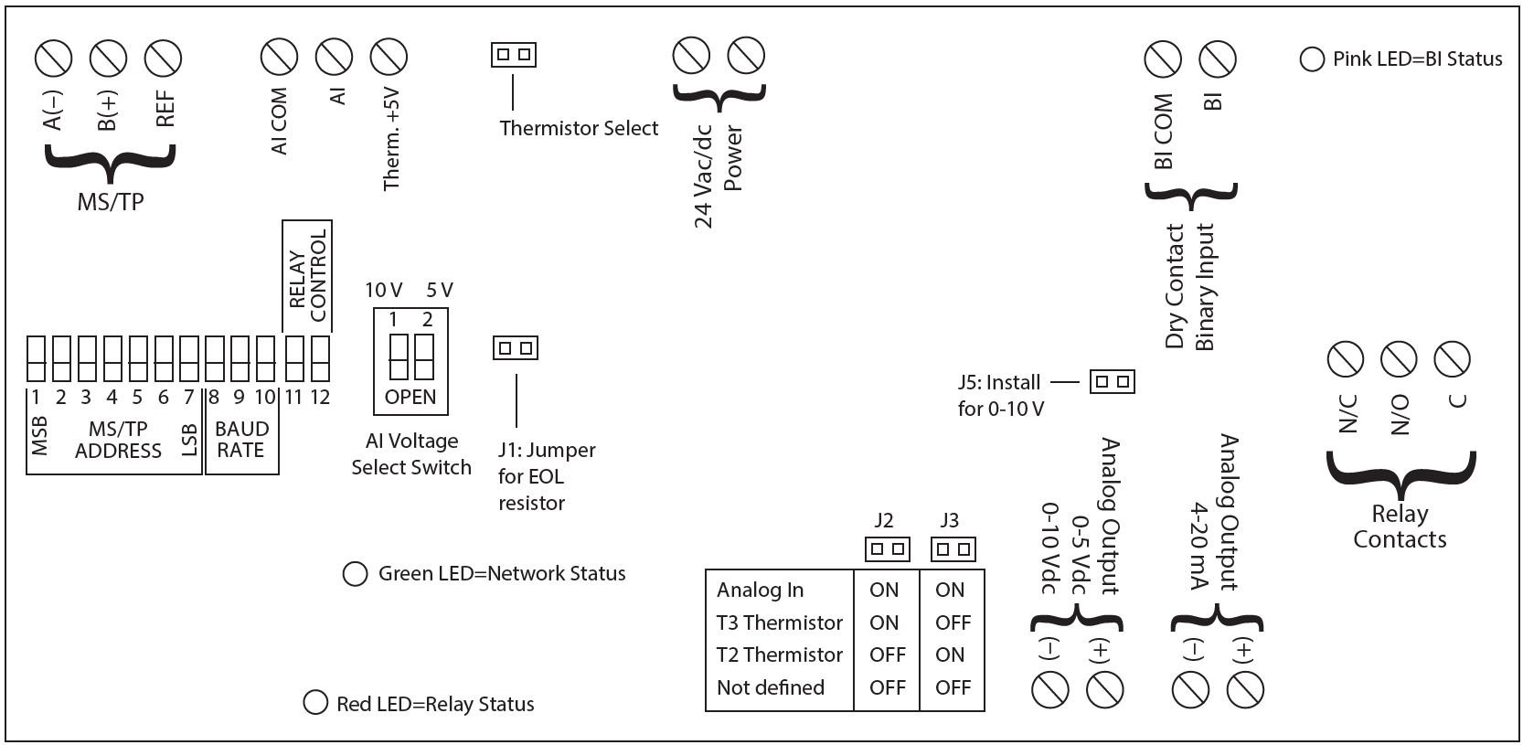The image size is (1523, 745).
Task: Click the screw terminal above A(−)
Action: click(x=53, y=59)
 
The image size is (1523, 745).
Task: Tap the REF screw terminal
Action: click(x=163, y=59)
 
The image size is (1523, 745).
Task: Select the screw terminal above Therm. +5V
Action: click(x=389, y=58)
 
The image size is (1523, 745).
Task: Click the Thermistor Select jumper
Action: click(x=513, y=55)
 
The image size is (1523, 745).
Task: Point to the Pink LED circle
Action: click(x=1312, y=59)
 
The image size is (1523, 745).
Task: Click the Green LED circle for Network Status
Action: click(x=355, y=574)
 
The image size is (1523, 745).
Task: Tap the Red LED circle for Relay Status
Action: click(x=315, y=703)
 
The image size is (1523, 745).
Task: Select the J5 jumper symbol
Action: click(x=1112, y=381)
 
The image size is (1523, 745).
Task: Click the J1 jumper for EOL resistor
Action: click(x=516, y=348)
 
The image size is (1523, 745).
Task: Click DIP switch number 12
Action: click(x=320, y=358)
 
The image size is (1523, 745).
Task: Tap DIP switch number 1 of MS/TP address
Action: click(x=36, y=358)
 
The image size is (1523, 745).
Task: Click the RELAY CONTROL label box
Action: click(x=307, y=276)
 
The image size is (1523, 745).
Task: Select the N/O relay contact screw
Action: click(x=1398, y=359)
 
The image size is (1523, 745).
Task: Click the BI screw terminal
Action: click(x=1217, y=59)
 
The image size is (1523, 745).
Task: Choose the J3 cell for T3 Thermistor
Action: click(x=952, y=623)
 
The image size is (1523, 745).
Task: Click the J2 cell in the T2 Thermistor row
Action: click(x=887, y=655)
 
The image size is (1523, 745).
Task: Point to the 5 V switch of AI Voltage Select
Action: click(x=424, y=357)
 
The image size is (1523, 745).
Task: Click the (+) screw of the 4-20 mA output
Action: click(x=1244, y=690)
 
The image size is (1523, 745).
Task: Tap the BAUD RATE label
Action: click(x=241, y=440)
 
